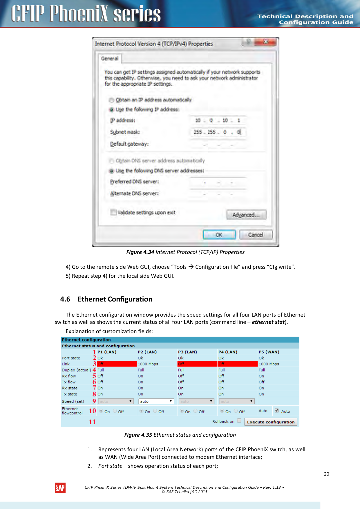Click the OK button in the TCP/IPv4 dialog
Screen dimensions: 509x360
(x=219, y=234)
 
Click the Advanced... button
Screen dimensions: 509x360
(x=246, y=215)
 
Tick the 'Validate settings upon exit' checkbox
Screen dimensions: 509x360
(x=113, y=212)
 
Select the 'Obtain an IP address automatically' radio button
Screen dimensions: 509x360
(x=111, y=100)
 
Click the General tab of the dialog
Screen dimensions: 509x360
(x=110, y=59)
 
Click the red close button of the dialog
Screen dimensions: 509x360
(x=265, y=42)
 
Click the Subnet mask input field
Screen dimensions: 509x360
(x=218, y=132)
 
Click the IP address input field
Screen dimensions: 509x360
(x=218, y=120)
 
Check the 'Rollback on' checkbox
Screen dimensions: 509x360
(x=239, y=420)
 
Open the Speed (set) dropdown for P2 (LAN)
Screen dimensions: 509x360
(x=156, y=401)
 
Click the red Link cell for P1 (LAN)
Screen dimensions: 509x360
(x=117, y=364)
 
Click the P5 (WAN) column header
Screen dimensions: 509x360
(x=269, y=352)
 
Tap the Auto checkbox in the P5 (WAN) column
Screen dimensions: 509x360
(x=277, y=411)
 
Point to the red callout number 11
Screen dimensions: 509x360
(x=92, y=422)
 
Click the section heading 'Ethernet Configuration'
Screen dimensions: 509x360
(x=115, y=299)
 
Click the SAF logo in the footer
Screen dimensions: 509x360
(x=60, y=488)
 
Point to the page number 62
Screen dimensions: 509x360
(x=326, y=474)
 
